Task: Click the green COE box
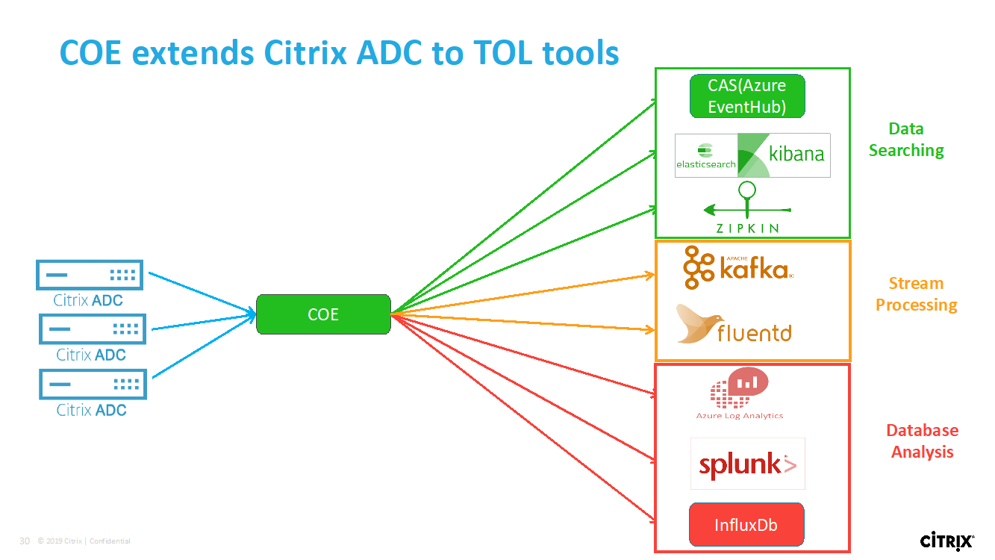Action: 323,314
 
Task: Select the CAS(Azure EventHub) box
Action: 747,96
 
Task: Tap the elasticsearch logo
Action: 705,155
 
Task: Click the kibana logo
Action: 784,155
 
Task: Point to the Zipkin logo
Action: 747,209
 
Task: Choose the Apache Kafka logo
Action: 738,267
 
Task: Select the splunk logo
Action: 747,464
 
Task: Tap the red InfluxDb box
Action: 746,525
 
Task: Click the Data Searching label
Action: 906,140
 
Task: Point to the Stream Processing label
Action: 916,294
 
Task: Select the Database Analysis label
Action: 922,441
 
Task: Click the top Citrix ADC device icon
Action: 90,275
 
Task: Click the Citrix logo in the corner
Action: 946,541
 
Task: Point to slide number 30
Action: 25,541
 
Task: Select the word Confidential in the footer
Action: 110,541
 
